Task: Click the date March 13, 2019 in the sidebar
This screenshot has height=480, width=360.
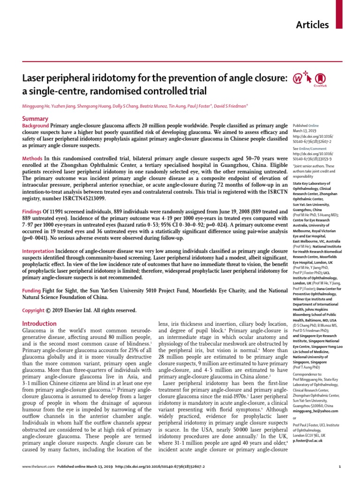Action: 305,131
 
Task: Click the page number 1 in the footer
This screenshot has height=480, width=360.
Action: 339,469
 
